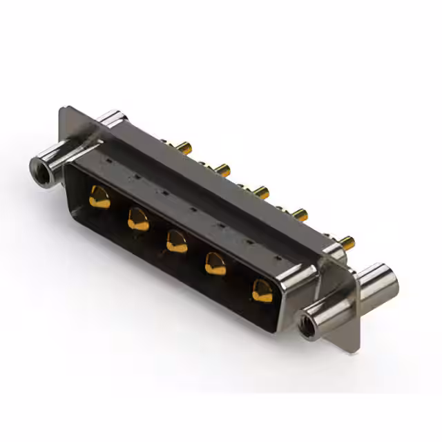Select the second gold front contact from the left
tap(138, 220)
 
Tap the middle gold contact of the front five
tap(177, 242)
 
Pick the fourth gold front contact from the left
tap(216, 264)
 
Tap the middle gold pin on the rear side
tap(260, 191)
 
